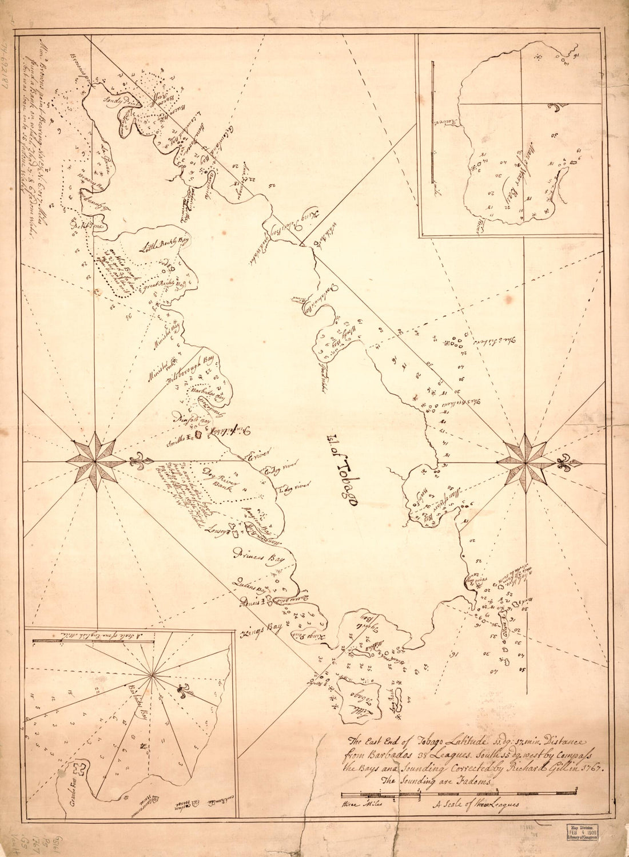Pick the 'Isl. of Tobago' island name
[341, 471]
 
